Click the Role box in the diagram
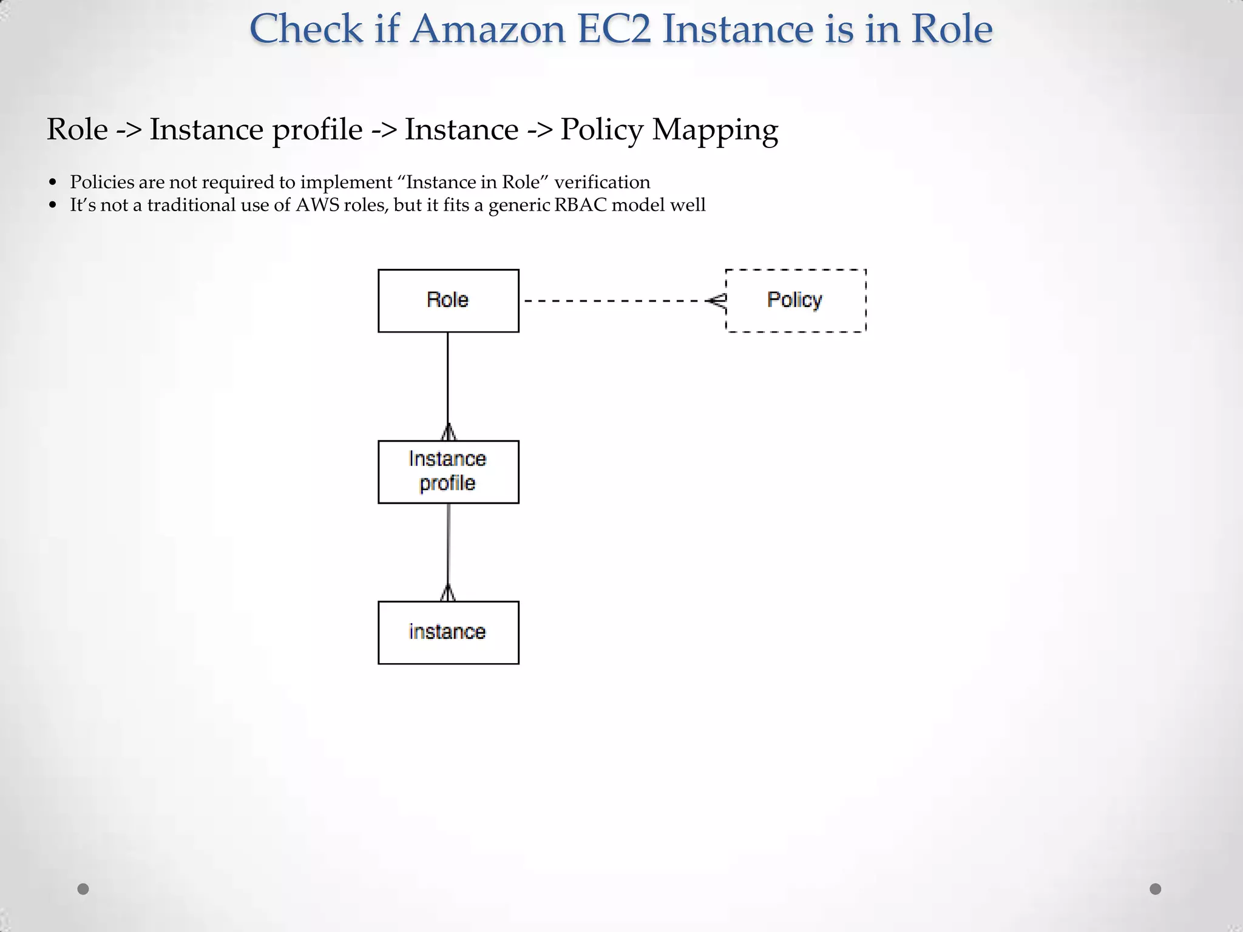(448, 300)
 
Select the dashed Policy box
(795, 300)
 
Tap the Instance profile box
(448, 471)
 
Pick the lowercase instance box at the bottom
(448, 632)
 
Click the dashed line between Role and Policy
(613, 300)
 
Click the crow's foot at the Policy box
(717, 300)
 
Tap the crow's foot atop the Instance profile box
(448, 433)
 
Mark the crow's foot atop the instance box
(448, 593)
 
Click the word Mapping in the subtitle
(714, 130)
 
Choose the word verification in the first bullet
(602, 182)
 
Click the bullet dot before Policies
(53, 183)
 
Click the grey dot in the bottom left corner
(83, 889)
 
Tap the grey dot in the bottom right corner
(1156, 889)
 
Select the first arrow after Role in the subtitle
(129, 130)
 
